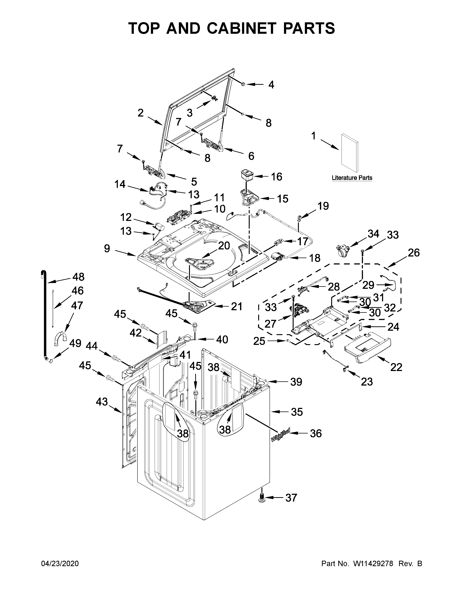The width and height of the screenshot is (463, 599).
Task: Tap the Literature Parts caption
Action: click(x=352, y=178)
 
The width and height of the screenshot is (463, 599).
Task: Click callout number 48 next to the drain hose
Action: click(x=78, y=277)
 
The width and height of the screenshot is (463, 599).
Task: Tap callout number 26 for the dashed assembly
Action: click(x=414, y=253)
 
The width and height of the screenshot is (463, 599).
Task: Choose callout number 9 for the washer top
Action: click(x=107, y=248)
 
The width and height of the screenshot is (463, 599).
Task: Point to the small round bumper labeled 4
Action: click(x=243, y=84)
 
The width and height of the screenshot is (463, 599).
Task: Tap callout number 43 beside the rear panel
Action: click(x=102, y=402)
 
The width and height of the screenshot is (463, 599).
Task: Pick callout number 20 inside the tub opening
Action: click(x=224, y=246)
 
